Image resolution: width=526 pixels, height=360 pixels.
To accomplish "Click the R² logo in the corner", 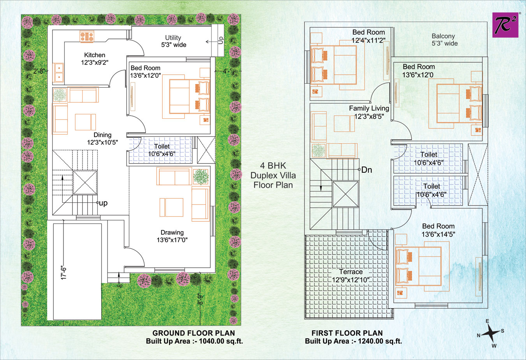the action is pyautogui.click(x=505, y=25).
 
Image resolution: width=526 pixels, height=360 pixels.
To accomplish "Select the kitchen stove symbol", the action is pyautogui.click(x=87, y=36).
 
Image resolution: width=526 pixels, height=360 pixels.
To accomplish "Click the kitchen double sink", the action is pyautogui.click(x=58, y=72).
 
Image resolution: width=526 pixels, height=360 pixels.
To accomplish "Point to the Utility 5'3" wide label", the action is pyautogui.click(x=174, y=41).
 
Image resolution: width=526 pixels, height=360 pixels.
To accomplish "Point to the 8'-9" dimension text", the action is pyautogui.click(x=200, y=299).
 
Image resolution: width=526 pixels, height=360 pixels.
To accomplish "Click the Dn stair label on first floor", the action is pyautogui.click(x=366, y=170).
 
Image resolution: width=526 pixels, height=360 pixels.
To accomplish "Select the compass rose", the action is pyautogui.click(x=491, y=333).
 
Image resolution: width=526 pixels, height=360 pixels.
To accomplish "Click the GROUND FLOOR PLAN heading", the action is pyautogui.click(x=194, y=333).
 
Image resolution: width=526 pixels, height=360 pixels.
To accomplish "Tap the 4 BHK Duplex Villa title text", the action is pyautogui.click(x=273, y=175).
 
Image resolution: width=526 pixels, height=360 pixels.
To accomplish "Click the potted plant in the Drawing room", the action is pyautogui.click(x=201, y=177).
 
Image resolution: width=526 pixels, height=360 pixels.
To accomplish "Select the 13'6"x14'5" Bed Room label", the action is pyautogui.click(x=438, y=230).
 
